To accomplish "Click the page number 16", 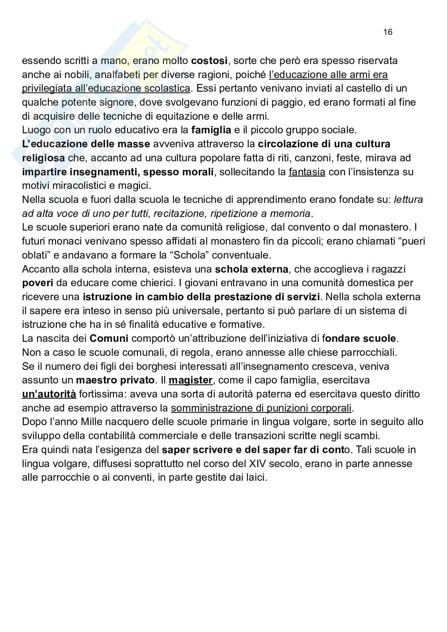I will pos(388,32).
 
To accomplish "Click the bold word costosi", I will pos(210,61).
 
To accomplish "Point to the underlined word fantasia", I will pos(307,172).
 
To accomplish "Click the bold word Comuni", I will pos(109,339).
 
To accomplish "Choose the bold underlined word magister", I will pos(190,380).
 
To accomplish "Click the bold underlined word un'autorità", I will pos(49,394).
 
